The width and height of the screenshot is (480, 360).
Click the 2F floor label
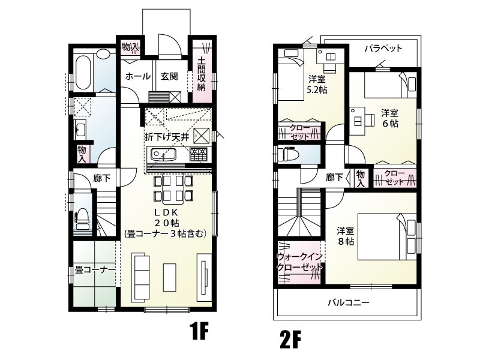(x=290, y=340)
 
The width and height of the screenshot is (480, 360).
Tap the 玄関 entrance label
(x=169, y=76)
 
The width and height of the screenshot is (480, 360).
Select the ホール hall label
(x=137, y=76)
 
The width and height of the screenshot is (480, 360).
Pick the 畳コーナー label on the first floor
(x=95, y=270)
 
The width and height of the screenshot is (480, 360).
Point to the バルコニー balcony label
(x=348, y=302)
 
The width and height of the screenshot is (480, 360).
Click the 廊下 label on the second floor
(x=334, y=177)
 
